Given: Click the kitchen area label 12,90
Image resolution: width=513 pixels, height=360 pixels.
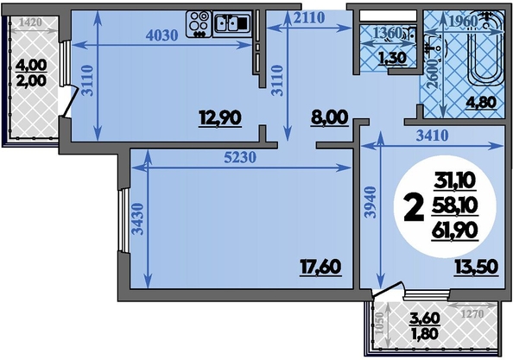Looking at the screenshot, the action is (x=220, y=118).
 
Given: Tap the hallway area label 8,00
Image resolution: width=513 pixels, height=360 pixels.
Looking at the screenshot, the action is (x=329, y=117).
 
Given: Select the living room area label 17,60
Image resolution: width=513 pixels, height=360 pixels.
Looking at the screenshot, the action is (x=320, y=267).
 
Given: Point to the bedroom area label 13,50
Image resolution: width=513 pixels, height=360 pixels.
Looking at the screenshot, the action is (x=476, y=267).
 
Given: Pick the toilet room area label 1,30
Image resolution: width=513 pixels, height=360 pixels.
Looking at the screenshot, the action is (x=392, y=58).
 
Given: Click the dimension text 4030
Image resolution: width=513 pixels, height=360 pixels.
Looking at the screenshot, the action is (x=161, y=35).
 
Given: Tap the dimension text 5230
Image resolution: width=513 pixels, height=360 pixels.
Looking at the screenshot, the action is (x=240, y=158).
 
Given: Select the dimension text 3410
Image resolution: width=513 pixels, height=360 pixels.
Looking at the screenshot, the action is (x=432, y=136).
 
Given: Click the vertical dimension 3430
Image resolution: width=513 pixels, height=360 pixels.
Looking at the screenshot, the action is (x=138, y=219).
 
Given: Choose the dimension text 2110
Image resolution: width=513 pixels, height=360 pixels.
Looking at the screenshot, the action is (x=309, y=17).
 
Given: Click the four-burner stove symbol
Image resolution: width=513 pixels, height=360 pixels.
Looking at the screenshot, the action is (x=199, y=24).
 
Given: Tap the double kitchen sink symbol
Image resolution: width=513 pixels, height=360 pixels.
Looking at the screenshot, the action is (x=232, y=23).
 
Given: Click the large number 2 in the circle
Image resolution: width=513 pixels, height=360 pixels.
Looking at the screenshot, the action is (x=413, y=207).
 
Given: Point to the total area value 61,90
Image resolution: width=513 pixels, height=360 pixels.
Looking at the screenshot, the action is (x=454, y=231).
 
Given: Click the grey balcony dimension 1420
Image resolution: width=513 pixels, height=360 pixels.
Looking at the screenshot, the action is (x=30, y=22).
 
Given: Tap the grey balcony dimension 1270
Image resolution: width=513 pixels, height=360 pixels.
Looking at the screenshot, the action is (x=472, y=314).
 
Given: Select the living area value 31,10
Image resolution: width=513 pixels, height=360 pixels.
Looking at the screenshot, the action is (x=454, y=180).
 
